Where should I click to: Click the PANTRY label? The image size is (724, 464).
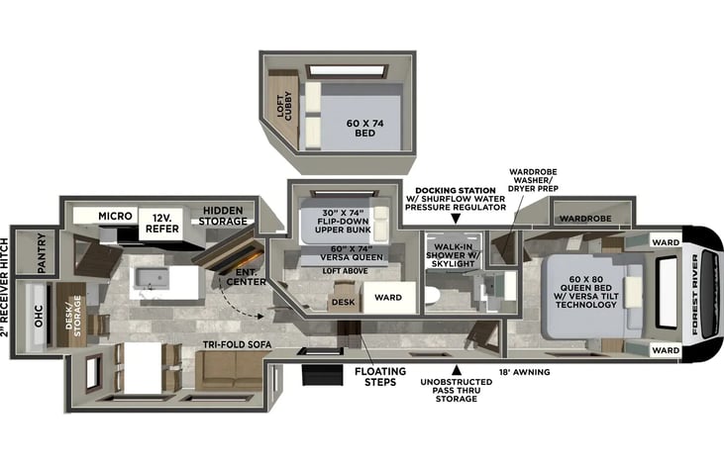point(41,252)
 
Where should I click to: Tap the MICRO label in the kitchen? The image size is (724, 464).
point(115,216)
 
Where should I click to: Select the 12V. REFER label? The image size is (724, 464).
point(162,224)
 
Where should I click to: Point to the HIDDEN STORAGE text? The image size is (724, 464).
point(223,216)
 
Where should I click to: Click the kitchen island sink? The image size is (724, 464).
point(152,278)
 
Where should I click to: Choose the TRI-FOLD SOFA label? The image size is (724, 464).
point(238,344)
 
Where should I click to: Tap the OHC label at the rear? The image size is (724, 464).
point(39,316)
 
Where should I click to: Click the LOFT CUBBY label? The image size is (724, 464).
point(284,107)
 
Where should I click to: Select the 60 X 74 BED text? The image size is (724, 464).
point(364,129)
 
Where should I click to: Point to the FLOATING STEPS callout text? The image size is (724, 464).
point(380,377)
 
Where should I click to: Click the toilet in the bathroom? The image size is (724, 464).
point(431,296)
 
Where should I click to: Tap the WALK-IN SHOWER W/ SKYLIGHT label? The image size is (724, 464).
point(454,255)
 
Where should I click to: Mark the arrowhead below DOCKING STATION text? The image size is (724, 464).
point(456,219)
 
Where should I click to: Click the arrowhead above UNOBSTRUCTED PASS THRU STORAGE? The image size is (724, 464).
point(457,369)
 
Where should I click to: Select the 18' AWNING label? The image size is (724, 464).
point(525,372)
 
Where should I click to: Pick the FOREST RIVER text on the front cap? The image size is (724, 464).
point(695,294)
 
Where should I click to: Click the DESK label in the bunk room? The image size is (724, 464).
point(344,302)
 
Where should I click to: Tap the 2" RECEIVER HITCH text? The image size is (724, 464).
point(5,287)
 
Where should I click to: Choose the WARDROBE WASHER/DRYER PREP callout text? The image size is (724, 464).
point(533,180)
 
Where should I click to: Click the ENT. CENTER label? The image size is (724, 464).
point(246,277)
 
